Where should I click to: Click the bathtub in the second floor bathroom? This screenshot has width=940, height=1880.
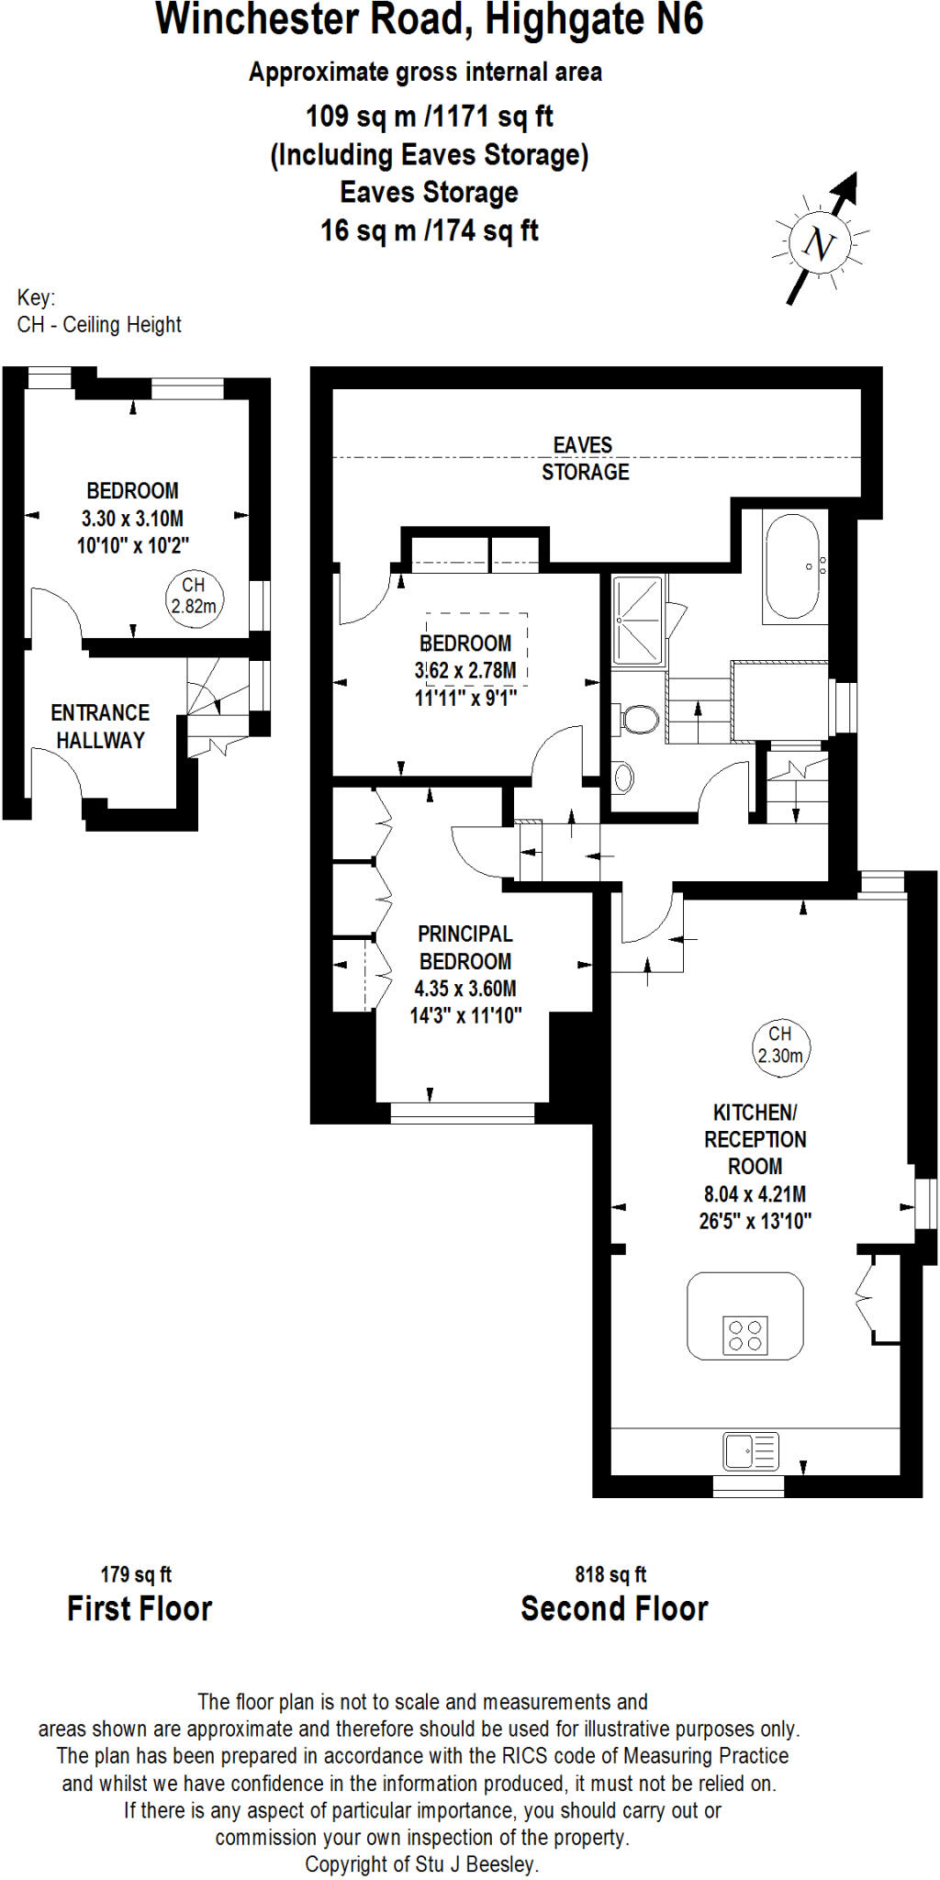click(x=794, y=566)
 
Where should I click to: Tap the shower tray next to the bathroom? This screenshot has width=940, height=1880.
click(x=637, y=620)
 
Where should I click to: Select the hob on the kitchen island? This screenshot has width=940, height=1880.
click(x=745, y=1336)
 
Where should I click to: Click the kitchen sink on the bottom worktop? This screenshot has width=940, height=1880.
click(x=750, y=1451)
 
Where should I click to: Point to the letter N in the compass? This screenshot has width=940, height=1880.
click(x=819, y=244)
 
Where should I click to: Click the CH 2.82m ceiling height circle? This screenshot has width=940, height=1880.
click(x=194, y=597)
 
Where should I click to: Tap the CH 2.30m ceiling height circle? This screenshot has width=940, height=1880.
click(x=780, y=1046)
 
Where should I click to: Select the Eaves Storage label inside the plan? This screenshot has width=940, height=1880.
click(x=585, y=458)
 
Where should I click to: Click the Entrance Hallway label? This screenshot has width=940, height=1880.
click(x=100, y=726)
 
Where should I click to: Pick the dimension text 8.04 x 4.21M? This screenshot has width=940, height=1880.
click(x=755, y=1194)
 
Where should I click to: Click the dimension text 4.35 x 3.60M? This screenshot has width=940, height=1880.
click(x=465, y=989)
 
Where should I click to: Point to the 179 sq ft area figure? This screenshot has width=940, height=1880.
click(x=136, y=1574)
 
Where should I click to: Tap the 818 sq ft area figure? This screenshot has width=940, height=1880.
click(x=610, y=1574)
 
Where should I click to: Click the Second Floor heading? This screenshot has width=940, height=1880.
click(x=614, y=1609)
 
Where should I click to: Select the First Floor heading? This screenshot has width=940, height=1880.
click(x=140, y=1609)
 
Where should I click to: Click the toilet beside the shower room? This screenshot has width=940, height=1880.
click(x=639, y=719)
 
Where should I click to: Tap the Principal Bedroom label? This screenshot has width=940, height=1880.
click(x=465, y=947)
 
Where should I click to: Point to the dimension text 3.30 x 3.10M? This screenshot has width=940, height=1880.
click(x=132, y=518)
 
